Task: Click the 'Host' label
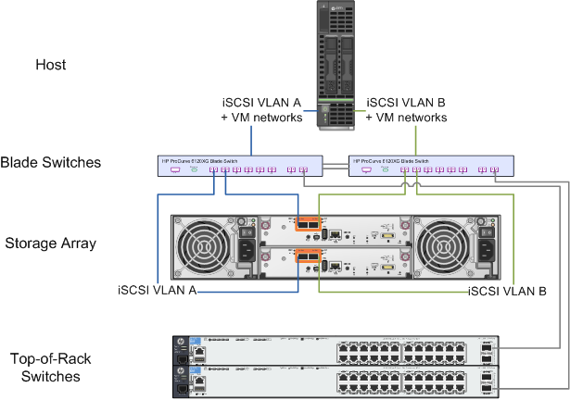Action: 50,65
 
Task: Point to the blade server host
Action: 337,65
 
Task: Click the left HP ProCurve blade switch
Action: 240,165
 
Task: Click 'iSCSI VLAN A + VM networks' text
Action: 261,110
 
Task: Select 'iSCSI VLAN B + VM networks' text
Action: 407,110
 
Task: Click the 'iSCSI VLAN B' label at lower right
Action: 507,291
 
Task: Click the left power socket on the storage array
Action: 247,250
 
